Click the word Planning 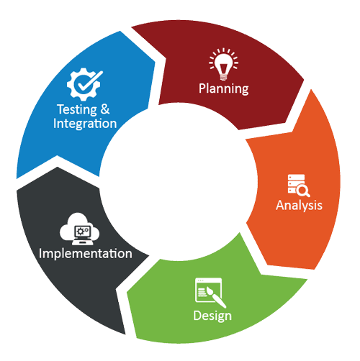223,89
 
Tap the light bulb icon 223,64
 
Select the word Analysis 299,206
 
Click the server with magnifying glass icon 299,186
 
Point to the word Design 212,316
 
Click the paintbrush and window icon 210,293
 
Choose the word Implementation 86,254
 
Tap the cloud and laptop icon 79,229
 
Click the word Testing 77,110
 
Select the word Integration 85,124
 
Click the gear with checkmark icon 85,84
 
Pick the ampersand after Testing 105,109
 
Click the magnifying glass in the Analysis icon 303,191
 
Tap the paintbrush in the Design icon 216,297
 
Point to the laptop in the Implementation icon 83,235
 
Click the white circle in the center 178,182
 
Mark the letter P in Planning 202,88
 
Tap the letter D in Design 197,316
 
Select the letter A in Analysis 280,205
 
